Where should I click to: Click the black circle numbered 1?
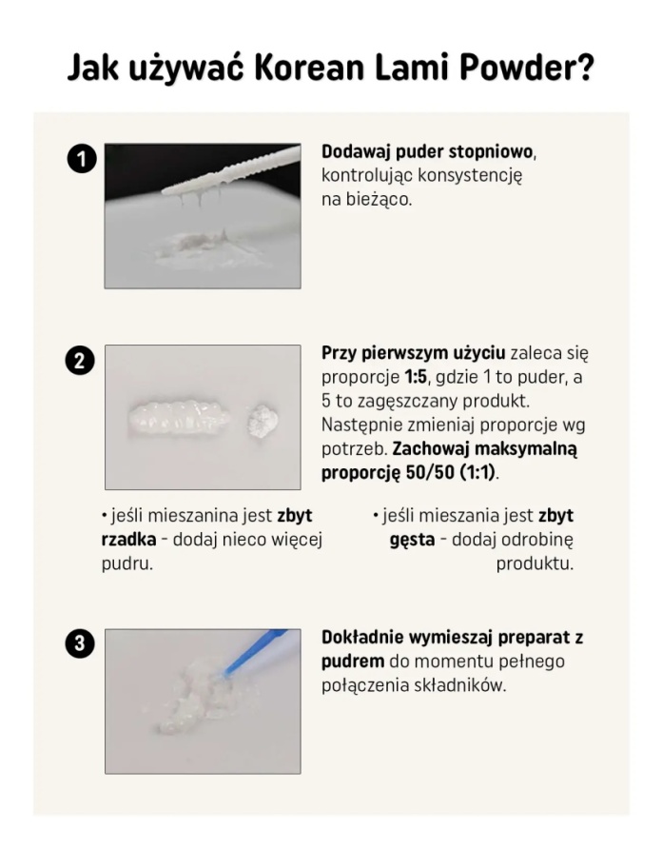coord(81,159)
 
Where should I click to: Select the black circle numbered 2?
coord(80,361)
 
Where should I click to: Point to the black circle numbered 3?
coord(80,643)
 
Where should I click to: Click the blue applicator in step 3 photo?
coord(255,652)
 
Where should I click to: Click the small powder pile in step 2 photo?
coord(263,420)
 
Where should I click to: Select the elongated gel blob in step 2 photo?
coord(178,419)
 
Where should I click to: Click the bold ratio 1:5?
coord(416,377)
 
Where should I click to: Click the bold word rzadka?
coord(129,540)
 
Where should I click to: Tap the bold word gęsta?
coord(412,541)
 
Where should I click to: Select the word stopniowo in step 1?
coord(491,152)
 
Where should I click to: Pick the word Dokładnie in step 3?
coord(362,638)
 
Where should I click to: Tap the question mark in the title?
coord(585,68)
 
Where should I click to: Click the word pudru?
coord(127,564)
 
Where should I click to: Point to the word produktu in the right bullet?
coord(535,564)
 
